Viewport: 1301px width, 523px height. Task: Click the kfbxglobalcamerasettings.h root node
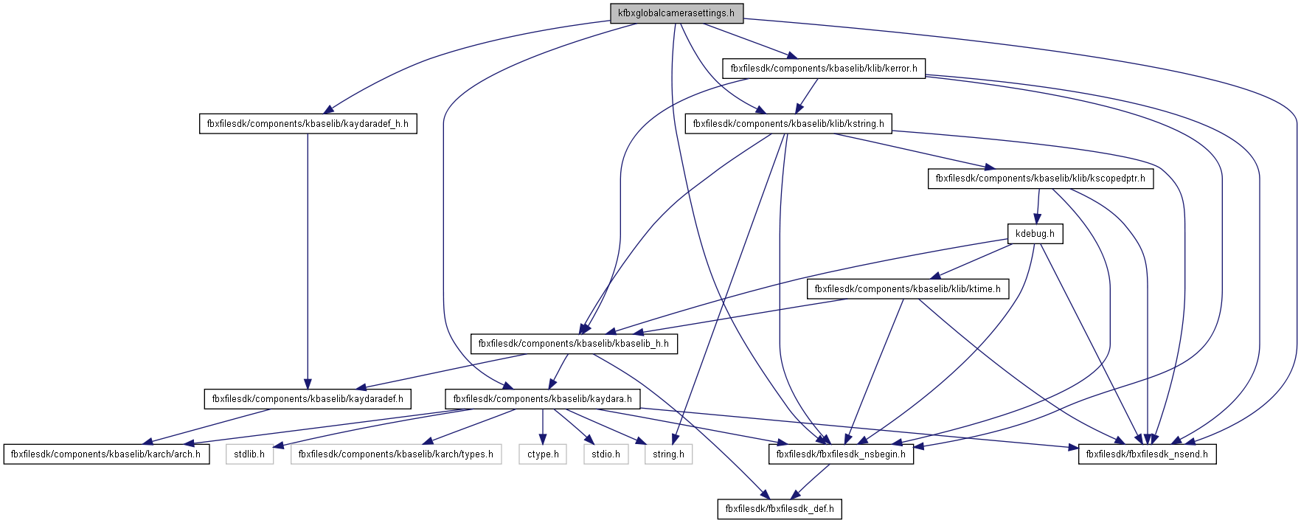pyautogui.click(x=676, y=13)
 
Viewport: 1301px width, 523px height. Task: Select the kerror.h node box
pyautogui.click(x=824, y=69)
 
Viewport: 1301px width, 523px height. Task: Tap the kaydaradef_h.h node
pyautogui.click(x=308, y=124)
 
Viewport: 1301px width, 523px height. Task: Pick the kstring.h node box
pyautogui.click(x=788, y=124)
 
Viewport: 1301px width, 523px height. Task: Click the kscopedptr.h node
pyautogui.click(x=1040, y=179)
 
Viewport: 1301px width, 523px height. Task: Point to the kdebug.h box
pyautogui.click(x=1035, y=234)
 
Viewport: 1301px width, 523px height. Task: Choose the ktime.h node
pyautogui.click(x=907, y=289)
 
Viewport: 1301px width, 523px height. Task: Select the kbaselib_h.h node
pyautogui.click(x=574, y=344)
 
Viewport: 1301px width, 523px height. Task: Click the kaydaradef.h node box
pyautogui.click(x=308, y=399)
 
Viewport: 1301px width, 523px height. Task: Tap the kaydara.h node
pyautogui.click(x=542, y=399)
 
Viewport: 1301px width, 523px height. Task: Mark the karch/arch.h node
pyautogui.click(x=105, y=454)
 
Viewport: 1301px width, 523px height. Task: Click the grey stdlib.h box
pyautogui.click(x=249, y=454)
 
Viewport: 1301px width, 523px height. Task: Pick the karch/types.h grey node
pyautogui.click(x=396, y=454)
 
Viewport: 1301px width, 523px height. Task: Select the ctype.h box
pyautogui.click(x=543, y=454)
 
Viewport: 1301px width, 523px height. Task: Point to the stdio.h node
pyautogui.click(x=606, y=454)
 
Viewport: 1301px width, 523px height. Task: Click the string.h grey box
pyautogui.click(x=668, y=454)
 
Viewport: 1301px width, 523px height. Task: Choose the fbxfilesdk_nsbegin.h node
pyautogui.click(x=841, y=454)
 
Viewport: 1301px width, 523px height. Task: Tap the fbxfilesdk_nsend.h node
pyautogui.click(x=1147, y=454)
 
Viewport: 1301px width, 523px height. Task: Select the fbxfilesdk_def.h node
pyautogui.click(x=780, y=509)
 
